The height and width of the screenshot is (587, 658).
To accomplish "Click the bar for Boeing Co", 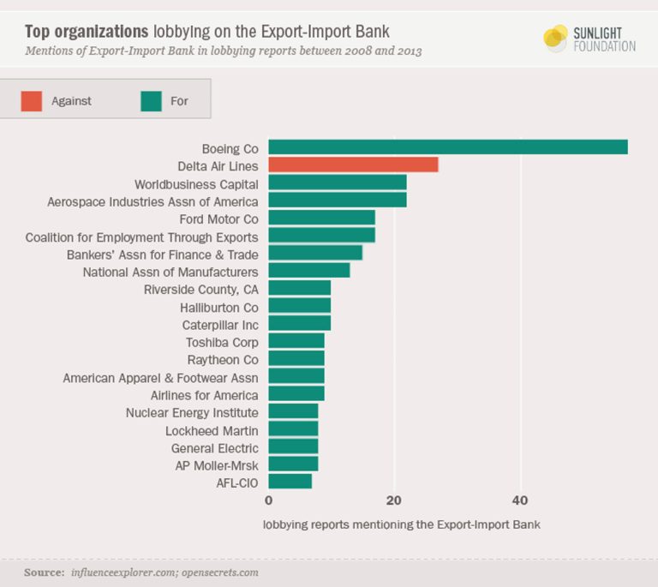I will (447, 147).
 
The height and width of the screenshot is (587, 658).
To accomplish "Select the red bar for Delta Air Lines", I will (353, 165).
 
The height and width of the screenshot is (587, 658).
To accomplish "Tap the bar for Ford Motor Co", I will (321, 218).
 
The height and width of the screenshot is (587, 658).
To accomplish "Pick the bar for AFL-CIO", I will (290, 482).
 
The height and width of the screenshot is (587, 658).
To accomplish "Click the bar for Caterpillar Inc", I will (299, 324).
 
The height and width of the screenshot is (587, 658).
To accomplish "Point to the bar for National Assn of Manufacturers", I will (308, 271).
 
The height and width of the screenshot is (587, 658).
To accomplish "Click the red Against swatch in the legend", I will (32, 101).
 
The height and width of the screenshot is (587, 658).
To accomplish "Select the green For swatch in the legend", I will (150, 101).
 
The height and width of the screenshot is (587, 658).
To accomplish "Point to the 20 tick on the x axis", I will (394, 500).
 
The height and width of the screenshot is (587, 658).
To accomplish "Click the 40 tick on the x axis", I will (520, 500).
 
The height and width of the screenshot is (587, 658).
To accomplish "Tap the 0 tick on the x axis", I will (268, 500).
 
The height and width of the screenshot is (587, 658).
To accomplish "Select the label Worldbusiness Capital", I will (196, 183).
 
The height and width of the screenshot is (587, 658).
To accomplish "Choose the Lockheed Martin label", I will (212, 430).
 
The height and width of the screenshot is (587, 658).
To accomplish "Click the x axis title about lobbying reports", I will (401, 523).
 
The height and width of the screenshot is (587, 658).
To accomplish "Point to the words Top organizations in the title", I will (86, 32).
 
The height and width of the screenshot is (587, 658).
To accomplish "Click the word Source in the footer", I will (43, 572).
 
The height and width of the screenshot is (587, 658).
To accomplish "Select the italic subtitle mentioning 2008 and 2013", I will (223, 51).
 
